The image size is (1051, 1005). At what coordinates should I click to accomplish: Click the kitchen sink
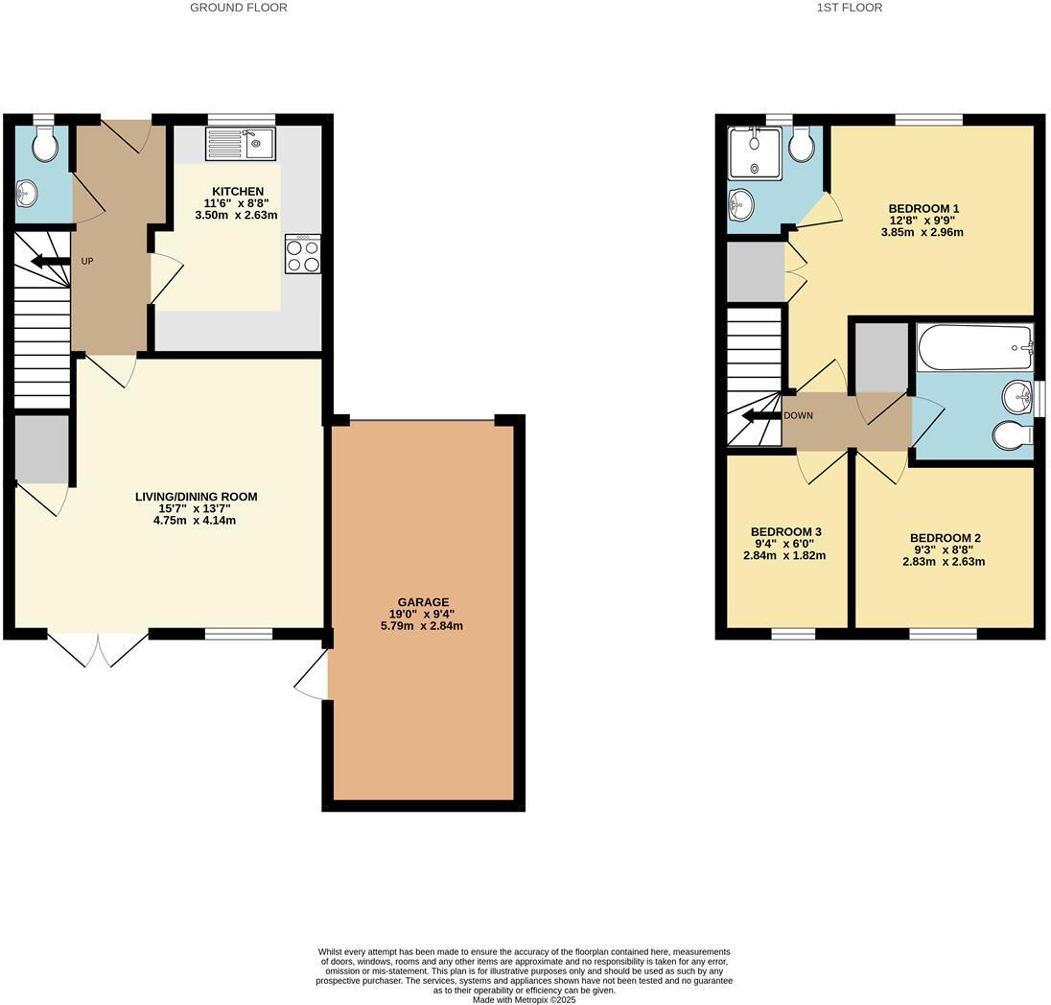coord(241,144)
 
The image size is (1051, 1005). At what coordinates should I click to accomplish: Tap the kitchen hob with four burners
coord(302,255)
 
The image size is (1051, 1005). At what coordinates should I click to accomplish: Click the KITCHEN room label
coord(238,192)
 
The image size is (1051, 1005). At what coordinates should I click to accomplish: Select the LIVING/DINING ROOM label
coord(196,497)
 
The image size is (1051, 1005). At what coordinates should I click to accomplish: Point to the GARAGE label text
coord(423,602)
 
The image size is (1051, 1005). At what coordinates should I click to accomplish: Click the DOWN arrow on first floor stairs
coord(761,416)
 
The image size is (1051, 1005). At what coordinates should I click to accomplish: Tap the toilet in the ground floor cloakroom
coord(44,144)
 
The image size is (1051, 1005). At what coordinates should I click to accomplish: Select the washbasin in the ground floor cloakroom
coord(27,195)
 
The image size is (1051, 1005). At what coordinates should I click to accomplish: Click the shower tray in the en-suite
coord(755,153)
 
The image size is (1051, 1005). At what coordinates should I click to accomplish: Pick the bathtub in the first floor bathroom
coord(973,346)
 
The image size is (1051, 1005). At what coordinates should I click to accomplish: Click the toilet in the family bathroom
coord(1013,435)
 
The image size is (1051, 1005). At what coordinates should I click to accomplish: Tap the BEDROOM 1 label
coord(923,209)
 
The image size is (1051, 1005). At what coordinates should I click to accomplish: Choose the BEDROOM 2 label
coord(945,538)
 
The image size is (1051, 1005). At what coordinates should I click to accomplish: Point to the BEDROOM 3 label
coord(785,531)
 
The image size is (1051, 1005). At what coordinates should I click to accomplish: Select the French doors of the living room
coord(98,647)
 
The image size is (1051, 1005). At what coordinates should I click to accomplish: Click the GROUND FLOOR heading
coord(238,8)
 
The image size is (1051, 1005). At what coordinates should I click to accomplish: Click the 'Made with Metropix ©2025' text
coord(525,999)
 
